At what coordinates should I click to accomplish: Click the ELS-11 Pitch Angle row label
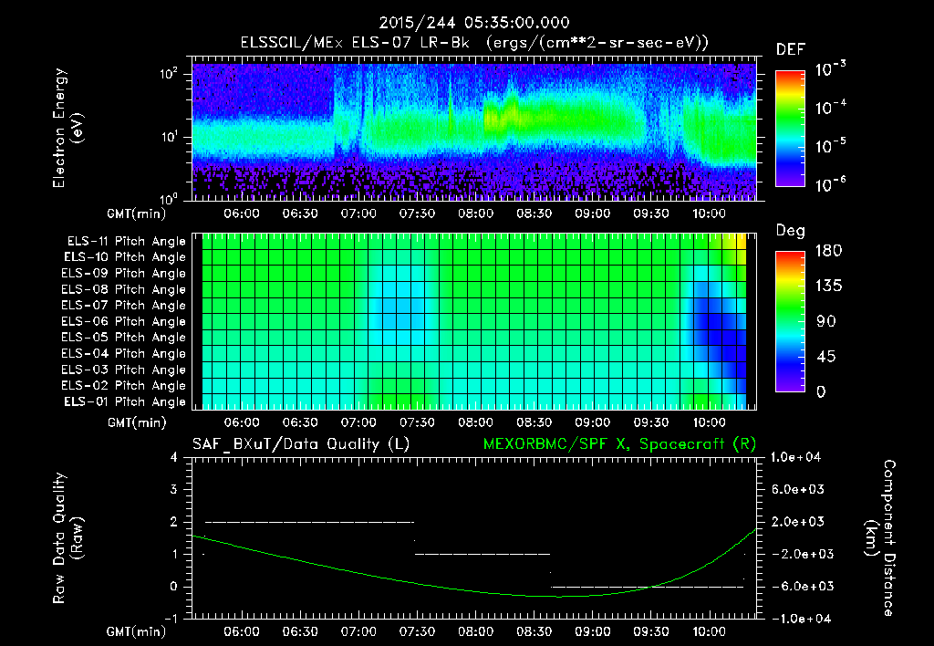point(126,242)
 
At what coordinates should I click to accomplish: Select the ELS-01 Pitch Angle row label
point(126,401)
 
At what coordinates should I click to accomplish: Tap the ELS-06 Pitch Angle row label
point(126,321)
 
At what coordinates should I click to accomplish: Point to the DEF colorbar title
point(789,49)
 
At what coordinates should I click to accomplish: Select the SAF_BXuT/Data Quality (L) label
point(300,443)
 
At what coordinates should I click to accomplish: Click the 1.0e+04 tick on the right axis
point(798,458)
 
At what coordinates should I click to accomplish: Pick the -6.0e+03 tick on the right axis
point(798,586)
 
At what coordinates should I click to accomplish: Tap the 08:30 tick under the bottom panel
point(534,631)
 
